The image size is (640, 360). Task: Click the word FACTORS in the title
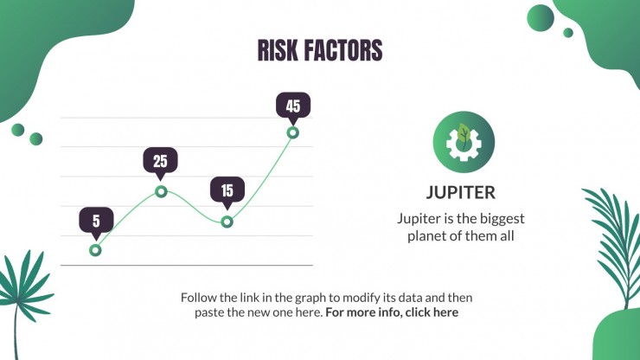tap(342, 50)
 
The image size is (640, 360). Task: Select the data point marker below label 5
tap(95, 250)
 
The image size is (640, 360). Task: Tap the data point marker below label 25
tap(161, 191)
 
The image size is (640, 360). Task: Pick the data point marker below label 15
tap(227, 222)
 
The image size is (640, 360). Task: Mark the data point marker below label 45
tap(292, 132)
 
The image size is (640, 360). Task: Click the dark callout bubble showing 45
tap(293, 108)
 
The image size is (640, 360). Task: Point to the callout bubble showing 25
tap(160, 163)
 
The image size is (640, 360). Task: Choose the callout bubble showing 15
tap(227, 192)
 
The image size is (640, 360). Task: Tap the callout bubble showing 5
tap(96, 223)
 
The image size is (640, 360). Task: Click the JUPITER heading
tap(461, 192)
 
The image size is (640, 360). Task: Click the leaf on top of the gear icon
tap(464, 133)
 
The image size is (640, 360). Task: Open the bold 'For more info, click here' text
tap(392, 312)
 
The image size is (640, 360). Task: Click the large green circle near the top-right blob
tap(541, 18)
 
